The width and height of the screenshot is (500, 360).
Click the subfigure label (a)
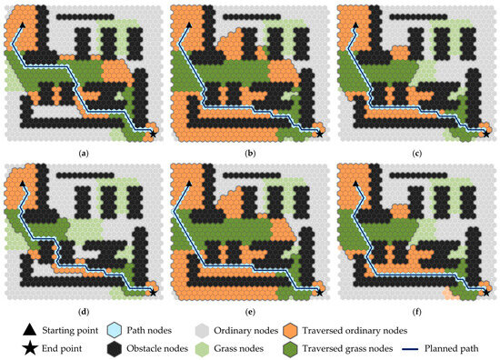click(x=84, y=153)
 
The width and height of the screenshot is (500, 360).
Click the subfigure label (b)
click(x=249, y=153)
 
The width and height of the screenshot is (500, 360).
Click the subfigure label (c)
click(x=415, y=153)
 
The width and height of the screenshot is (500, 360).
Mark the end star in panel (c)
click(x=484, y=133)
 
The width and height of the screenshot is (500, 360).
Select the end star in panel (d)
click(x=153, y=292)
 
